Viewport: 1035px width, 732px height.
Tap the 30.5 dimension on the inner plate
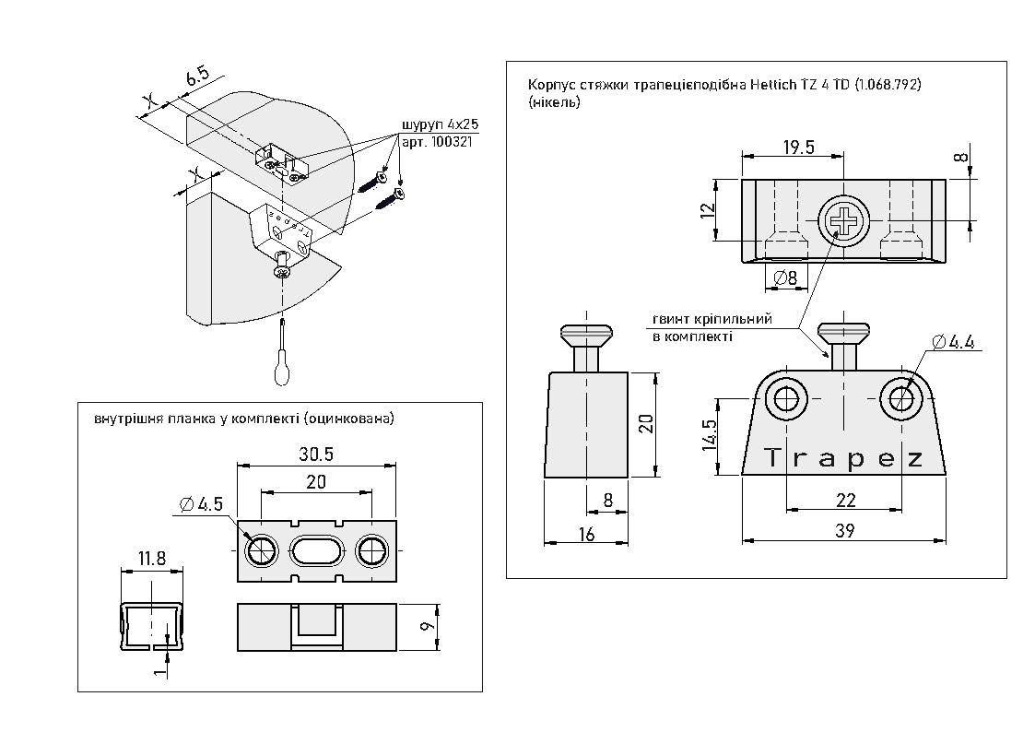[x=317, y=455]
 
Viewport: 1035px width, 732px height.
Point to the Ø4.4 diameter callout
[x=953, y=342]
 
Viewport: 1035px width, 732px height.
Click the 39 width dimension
[x=844, y=531]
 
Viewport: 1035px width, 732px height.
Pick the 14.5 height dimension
[x=708, y=435]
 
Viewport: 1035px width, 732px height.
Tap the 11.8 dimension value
[x=152, y=559]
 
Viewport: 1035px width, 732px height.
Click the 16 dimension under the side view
[x=587, y=533]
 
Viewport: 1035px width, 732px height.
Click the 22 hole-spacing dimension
[x=844, y=500]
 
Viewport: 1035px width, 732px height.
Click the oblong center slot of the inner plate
[x=317, y=551]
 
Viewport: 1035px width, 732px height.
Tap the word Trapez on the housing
[x=844, y=459]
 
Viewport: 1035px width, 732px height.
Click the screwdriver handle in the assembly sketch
[x=282, y=370]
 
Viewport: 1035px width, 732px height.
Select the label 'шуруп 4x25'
[x=438, y=124]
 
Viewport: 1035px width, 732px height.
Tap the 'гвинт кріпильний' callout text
[x=712, y=319]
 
